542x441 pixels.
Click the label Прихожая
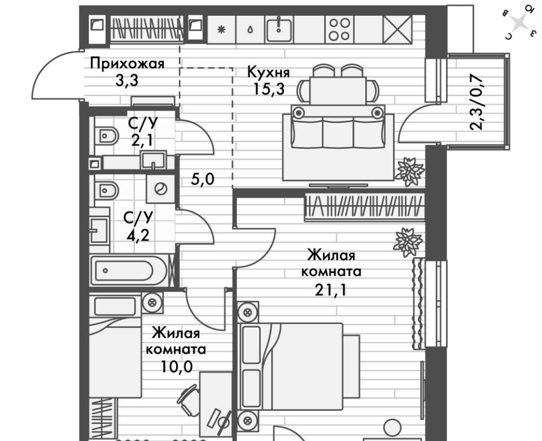click(128, 63)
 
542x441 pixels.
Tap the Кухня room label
click(268, 72)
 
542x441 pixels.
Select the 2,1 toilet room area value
click(143, 139)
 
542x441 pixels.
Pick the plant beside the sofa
click(410, 171)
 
